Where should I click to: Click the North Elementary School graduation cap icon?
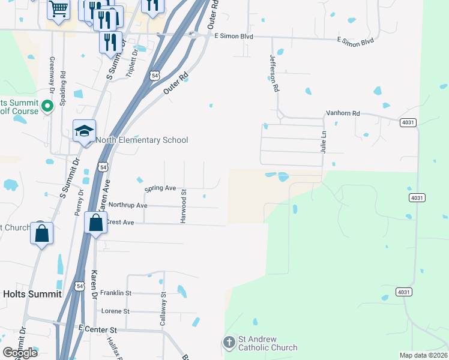85,131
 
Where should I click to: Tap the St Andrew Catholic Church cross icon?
229,343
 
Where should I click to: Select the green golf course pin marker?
49,106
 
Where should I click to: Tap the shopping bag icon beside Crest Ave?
96,223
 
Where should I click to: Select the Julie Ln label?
324,142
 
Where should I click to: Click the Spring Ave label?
160,188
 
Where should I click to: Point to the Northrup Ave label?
128,205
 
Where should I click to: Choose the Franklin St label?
115,293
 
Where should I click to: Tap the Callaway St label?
163,309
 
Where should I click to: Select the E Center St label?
97,330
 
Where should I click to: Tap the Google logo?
20,353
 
